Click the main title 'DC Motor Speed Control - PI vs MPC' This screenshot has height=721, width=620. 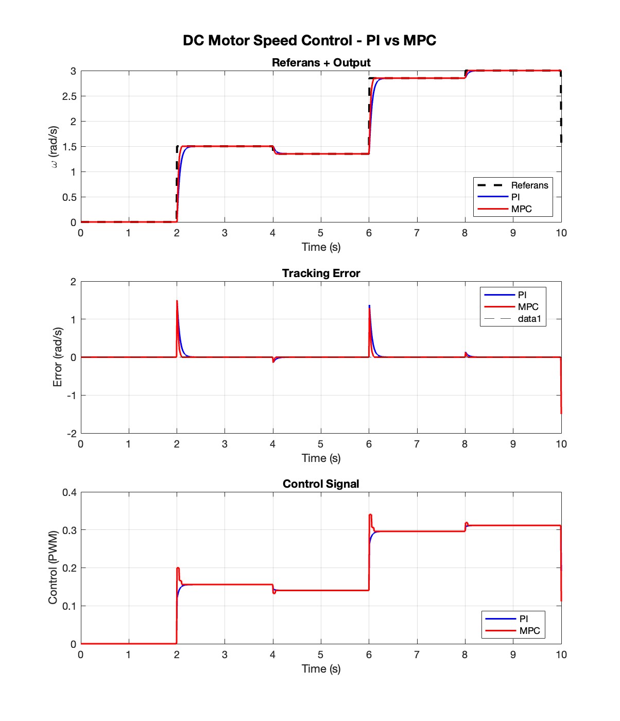click(x=309, y=41)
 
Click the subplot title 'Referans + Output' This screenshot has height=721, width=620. click(x=321, y=62)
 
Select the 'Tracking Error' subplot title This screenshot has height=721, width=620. click(x=321, y=273)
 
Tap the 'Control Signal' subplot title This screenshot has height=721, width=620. click(x=321, y=484)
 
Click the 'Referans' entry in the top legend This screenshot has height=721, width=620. click(x=529, y=185)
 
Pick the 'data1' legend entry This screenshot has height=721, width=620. click(x=529, y=318)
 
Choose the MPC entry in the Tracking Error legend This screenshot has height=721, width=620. click(x=528, y=306)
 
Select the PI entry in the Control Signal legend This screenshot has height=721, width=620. click(x=523, y=619)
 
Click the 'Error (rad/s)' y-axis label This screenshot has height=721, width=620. click(x=57, y=357)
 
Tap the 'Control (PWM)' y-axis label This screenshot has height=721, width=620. click(x=53, y=568)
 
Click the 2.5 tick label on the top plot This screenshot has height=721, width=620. click(x=70, y=96)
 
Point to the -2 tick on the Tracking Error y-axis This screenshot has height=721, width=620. click(x=72, y=434)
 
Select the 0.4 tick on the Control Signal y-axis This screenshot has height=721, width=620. click(x=70, y=492)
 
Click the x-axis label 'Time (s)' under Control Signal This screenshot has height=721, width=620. click(x=321, y=668)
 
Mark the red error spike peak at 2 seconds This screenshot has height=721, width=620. click(x=177, y=301)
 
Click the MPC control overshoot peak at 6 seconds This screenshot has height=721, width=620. click(x=370, y=514)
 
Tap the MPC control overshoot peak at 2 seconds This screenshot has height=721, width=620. click(x=178, y=568)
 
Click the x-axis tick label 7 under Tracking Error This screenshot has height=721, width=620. click(x=417, y=444)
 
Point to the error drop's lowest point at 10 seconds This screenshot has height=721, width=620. click(x=561, y=414)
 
